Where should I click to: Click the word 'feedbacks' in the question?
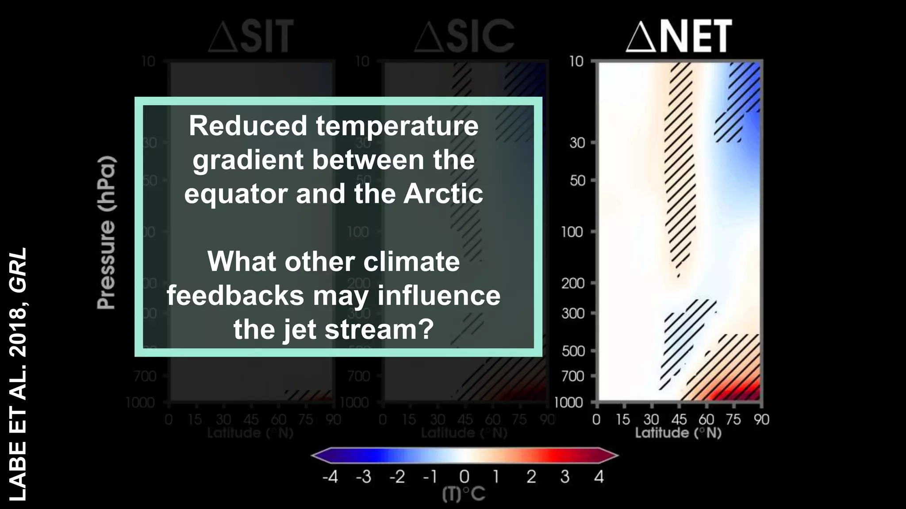(235, 296)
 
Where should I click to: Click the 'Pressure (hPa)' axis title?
(107, 232)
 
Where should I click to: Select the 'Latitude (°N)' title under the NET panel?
(678, 433)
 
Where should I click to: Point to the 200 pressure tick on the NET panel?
(573, 283)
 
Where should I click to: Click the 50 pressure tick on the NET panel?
(577, 181)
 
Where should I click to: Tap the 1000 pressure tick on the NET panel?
(568, 403)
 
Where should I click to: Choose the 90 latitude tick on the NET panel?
(761, 419)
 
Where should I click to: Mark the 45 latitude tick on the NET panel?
(679, 419)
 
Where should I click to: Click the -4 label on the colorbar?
(330, 477)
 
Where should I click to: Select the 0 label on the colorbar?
(464, 477)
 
